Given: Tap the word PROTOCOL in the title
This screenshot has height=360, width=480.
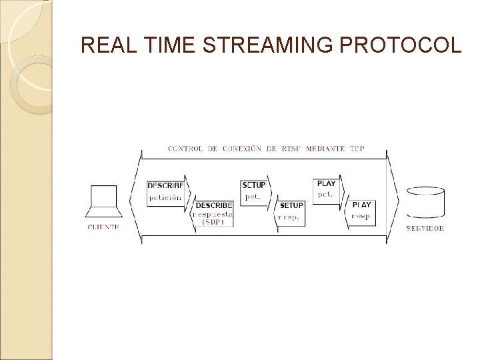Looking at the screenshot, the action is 400,45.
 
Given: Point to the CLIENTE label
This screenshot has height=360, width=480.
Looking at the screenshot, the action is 103,227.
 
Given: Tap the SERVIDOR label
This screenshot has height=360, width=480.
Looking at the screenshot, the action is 425,228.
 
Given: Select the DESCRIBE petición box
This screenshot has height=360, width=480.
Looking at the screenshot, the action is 165,193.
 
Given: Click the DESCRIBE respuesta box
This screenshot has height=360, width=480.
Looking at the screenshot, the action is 213,213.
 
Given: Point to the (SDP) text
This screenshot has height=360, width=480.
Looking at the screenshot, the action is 213,223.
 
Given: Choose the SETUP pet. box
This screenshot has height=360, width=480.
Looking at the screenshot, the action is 253,193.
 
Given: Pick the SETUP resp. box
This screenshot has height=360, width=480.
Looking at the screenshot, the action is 291,213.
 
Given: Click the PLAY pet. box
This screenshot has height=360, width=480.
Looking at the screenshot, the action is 326,191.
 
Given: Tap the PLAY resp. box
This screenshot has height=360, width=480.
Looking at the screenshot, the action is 361,213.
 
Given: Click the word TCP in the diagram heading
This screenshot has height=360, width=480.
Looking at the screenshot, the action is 357,149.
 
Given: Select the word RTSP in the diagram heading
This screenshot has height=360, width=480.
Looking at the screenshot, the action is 291,149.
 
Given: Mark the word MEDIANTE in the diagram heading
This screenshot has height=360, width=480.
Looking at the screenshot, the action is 325,149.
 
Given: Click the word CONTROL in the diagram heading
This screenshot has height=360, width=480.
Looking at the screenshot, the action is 185,149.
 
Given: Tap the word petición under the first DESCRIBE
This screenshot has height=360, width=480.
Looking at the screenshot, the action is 165,198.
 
